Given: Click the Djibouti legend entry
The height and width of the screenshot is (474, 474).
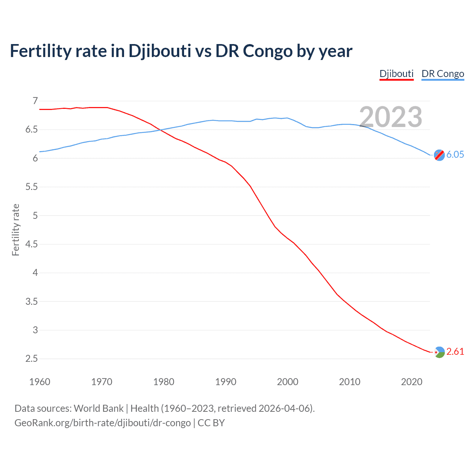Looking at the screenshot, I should pos(396,74).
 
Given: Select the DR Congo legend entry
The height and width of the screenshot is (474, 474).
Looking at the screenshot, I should pos(443,74).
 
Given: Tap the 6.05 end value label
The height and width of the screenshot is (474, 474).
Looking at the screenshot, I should pos(455,155).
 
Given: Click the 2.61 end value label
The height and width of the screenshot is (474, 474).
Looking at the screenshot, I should pos(455,352).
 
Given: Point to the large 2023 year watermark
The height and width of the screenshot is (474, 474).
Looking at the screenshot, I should pos(391,117).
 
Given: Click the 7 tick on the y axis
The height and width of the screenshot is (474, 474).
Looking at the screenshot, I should pos(35,101).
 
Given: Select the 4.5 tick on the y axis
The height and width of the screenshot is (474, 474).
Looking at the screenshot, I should pos(32,244).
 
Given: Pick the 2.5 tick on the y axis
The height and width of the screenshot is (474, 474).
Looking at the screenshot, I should pos(32,359).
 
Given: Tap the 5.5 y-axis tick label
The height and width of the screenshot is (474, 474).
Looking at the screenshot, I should pos(32,187).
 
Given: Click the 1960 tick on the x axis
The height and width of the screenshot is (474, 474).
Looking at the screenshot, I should pos(40,382).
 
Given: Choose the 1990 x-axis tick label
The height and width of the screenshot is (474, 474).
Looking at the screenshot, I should pos(226,382).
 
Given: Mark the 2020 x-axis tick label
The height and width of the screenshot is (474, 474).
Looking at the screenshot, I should pos(411,382).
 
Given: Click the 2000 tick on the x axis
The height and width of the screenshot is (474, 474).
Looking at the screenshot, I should pos(287,382).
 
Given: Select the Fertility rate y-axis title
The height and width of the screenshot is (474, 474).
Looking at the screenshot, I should pos(16,230).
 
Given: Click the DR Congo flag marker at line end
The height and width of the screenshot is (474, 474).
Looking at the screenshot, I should pos(439,155).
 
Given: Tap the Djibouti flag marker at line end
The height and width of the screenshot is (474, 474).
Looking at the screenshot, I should pos(439,352).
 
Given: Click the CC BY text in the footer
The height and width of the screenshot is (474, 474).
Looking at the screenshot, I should pos(211,423).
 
